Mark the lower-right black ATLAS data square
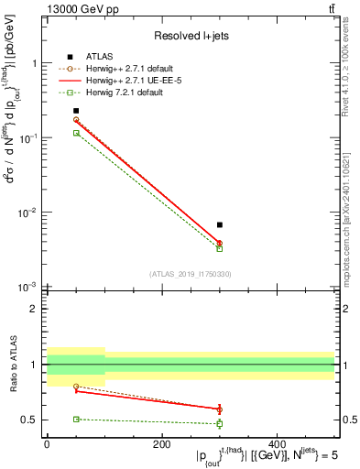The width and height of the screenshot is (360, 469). pos(220,224)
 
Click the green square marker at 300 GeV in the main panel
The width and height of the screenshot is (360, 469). pos(220,248)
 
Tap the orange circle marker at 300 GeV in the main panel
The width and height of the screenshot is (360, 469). pos(220,243)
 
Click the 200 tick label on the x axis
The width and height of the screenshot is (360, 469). pos(161,443)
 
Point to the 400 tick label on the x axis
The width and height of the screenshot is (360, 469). pos(277,443)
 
